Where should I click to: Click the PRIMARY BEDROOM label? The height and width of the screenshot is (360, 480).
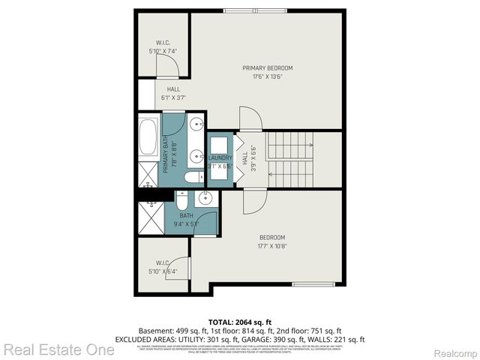pos(267,72)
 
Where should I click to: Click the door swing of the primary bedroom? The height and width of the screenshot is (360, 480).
pos(250,118)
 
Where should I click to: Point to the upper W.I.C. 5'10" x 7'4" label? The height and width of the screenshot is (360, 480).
pos(163,46)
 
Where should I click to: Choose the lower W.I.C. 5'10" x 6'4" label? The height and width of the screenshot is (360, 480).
pos(163,265)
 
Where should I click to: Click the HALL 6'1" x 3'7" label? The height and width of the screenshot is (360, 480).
pos(172,93)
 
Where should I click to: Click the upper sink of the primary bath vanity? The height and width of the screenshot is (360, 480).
pos(196,124)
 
